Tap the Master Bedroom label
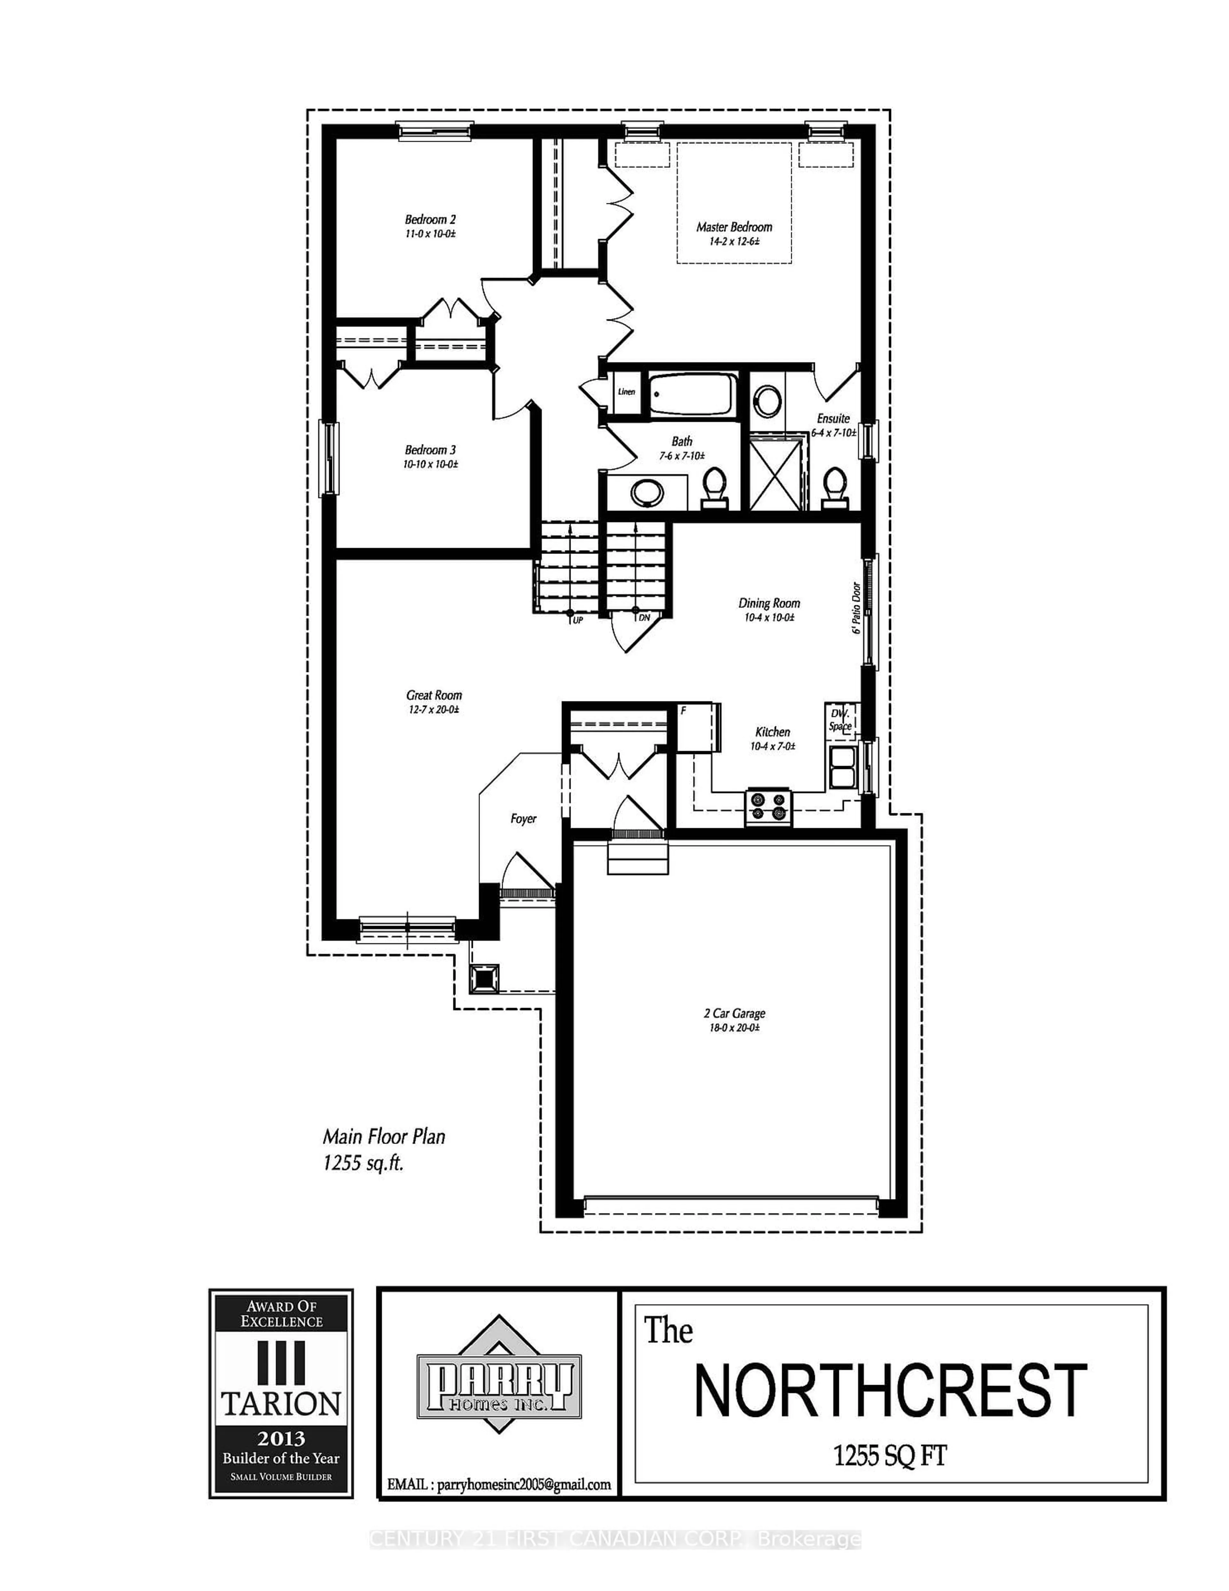click(x=734, y=226)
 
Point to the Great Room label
click(x=434, y=695)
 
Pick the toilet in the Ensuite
click(x=834, y=486)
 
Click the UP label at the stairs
click(x=577, y=620)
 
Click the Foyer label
click(x=523, y=819)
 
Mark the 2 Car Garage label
click(x=734, y=1013)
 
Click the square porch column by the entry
click(x=485, y=979)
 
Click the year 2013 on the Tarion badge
click(x=281, y=1439)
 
